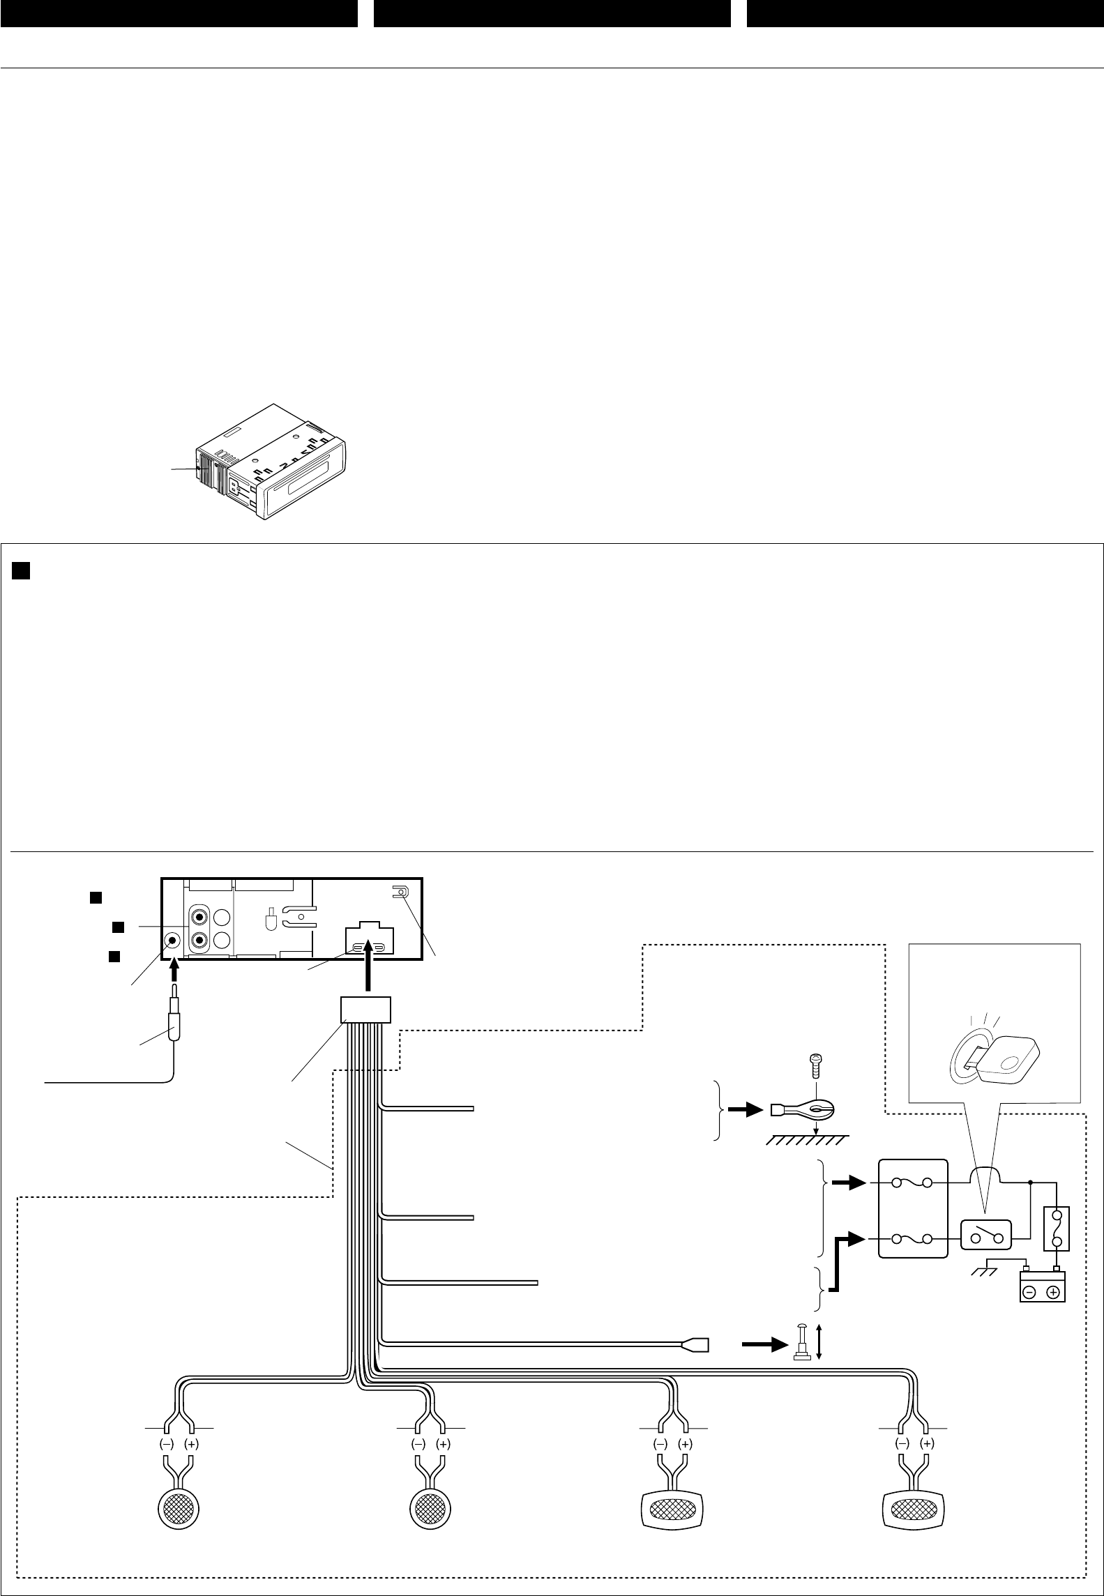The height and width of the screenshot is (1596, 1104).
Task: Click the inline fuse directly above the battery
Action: (1057, 1228)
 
